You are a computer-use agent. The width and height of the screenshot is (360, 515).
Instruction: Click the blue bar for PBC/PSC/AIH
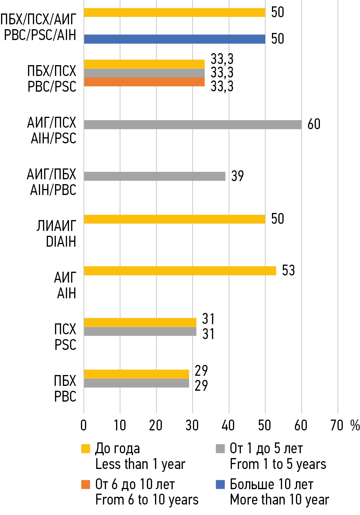(175, 39)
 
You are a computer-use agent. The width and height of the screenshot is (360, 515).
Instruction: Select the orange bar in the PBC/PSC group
(144, 82)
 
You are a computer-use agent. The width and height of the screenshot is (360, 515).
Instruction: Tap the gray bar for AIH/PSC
(193, 125)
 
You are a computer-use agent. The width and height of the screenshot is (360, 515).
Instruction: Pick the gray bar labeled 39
(154, 176)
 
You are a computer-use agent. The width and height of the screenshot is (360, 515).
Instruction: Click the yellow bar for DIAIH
(175, 219)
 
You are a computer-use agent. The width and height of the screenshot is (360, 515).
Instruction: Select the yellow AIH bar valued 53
(180, 271)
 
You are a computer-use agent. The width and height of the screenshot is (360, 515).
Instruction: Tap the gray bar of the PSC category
(140, 332)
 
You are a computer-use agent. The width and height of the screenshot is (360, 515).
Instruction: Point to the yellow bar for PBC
(136, 374)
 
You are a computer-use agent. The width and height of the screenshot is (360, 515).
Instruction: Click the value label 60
(314, 124)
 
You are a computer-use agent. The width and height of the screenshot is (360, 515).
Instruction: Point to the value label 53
(288, 270)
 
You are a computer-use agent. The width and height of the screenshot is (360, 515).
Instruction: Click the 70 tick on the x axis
(337, 426)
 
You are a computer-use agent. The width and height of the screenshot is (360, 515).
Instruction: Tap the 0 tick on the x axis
(84, 426)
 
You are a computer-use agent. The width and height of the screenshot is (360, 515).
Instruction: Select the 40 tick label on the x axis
(228, 426)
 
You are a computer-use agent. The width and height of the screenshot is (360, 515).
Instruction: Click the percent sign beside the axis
(354, 426)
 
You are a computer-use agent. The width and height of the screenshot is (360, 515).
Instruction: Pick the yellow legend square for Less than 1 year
(86, 448)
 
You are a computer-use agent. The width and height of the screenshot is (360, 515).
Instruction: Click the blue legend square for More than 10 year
(220, 484)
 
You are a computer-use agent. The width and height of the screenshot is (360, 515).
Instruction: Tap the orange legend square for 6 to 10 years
(86, 484)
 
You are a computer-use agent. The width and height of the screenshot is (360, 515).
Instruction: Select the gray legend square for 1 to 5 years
(220, 448)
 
